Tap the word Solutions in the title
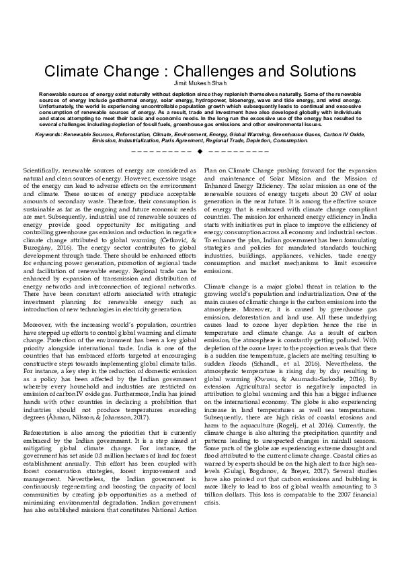coord(311,72)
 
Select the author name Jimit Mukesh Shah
coord(200,83)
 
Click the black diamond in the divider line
coord(200,150)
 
